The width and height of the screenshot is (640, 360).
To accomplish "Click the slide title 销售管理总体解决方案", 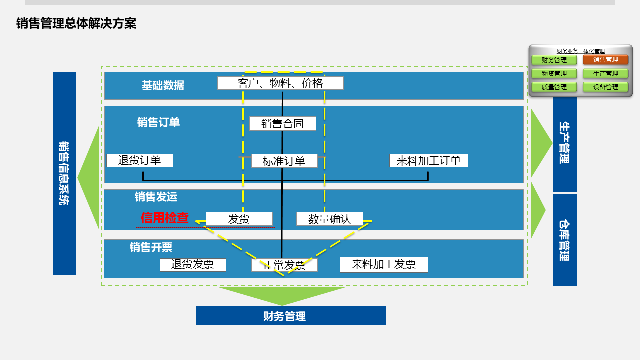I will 76,23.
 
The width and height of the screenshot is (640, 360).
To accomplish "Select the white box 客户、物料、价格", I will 280,83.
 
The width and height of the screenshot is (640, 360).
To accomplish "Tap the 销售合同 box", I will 283,123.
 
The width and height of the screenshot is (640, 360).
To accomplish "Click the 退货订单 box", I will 140,160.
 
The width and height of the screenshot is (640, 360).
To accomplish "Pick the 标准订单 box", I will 284,161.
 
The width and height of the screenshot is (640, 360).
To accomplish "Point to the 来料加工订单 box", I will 429,160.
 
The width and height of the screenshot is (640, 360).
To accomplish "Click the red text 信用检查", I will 165,218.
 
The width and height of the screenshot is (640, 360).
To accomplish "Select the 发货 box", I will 239,219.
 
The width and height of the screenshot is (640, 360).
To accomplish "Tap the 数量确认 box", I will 330,219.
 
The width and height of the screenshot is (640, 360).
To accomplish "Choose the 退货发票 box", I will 193,265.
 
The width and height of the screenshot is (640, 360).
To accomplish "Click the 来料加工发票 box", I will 384,265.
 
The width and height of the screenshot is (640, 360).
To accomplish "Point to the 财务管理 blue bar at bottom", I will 290,316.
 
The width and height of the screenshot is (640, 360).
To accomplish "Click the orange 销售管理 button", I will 605,60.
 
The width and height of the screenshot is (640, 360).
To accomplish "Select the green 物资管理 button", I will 554,73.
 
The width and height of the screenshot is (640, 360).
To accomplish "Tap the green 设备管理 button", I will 605,87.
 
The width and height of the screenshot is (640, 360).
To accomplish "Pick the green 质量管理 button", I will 554,87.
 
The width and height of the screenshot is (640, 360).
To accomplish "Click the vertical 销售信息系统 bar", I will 64,173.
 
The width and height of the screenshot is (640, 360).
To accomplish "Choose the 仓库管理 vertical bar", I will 565,240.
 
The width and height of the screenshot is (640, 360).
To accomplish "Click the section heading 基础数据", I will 163,85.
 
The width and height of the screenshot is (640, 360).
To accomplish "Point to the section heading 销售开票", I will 151,247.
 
